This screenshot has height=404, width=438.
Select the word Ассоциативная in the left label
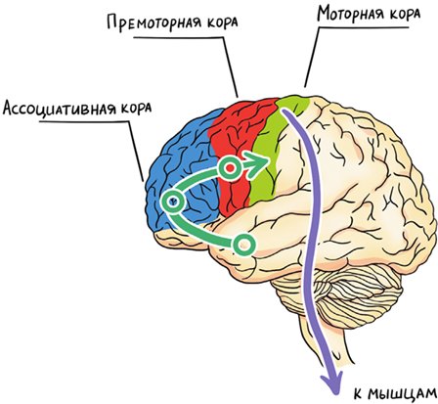click(x=60, y=108)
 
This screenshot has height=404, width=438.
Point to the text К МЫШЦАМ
click(x=395, y=394)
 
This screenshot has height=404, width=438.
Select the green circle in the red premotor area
click(x=230, y=168)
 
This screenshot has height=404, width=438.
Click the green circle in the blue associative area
click(x=174, y=202)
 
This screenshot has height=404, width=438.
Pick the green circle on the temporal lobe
click(x=243, y=244)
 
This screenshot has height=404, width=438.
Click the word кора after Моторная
click(x=405, y=15)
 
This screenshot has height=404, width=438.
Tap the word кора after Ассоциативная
click(x=136, y=109)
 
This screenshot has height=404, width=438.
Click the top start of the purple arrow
click(x=285, y=112)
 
